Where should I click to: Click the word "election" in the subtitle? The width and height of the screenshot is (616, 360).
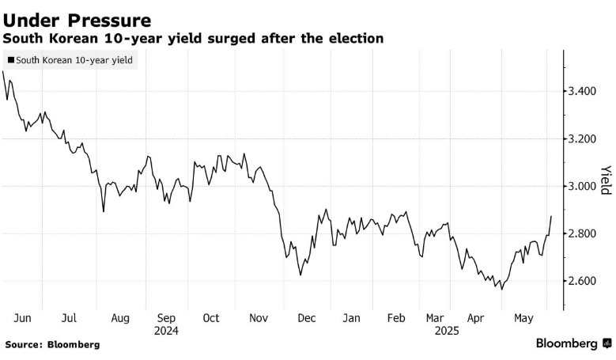357,38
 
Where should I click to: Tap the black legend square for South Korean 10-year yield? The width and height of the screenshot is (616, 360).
9,59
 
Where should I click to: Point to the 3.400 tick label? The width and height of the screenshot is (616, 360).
584,92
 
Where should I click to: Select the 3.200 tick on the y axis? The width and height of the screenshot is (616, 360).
584,139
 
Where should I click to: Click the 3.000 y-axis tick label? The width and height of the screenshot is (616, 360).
584,187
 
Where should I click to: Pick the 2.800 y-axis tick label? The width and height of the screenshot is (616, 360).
584,234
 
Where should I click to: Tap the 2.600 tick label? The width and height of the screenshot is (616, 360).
584,282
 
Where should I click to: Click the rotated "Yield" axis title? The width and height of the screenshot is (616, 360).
605,180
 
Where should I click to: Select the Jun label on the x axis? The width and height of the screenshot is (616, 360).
23,318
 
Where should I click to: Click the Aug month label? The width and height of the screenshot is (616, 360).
119,318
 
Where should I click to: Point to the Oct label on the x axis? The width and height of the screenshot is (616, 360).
211,318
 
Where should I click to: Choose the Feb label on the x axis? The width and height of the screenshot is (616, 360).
397,318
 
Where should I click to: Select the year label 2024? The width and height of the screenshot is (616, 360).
165,331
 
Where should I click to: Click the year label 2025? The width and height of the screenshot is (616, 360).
444,331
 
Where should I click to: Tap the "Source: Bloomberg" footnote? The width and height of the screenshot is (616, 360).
52,345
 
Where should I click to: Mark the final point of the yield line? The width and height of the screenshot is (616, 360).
551,216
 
